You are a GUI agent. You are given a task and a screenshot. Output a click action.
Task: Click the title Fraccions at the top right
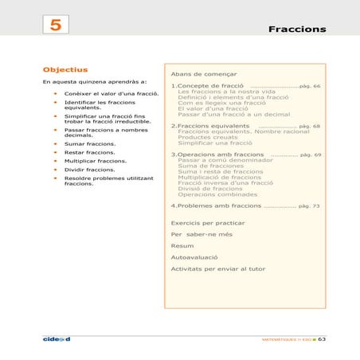296,29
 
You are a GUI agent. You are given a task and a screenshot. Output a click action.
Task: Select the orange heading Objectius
65,69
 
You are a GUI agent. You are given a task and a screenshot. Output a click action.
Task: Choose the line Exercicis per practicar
207,223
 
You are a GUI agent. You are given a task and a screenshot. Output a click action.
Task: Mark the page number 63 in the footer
322,338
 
